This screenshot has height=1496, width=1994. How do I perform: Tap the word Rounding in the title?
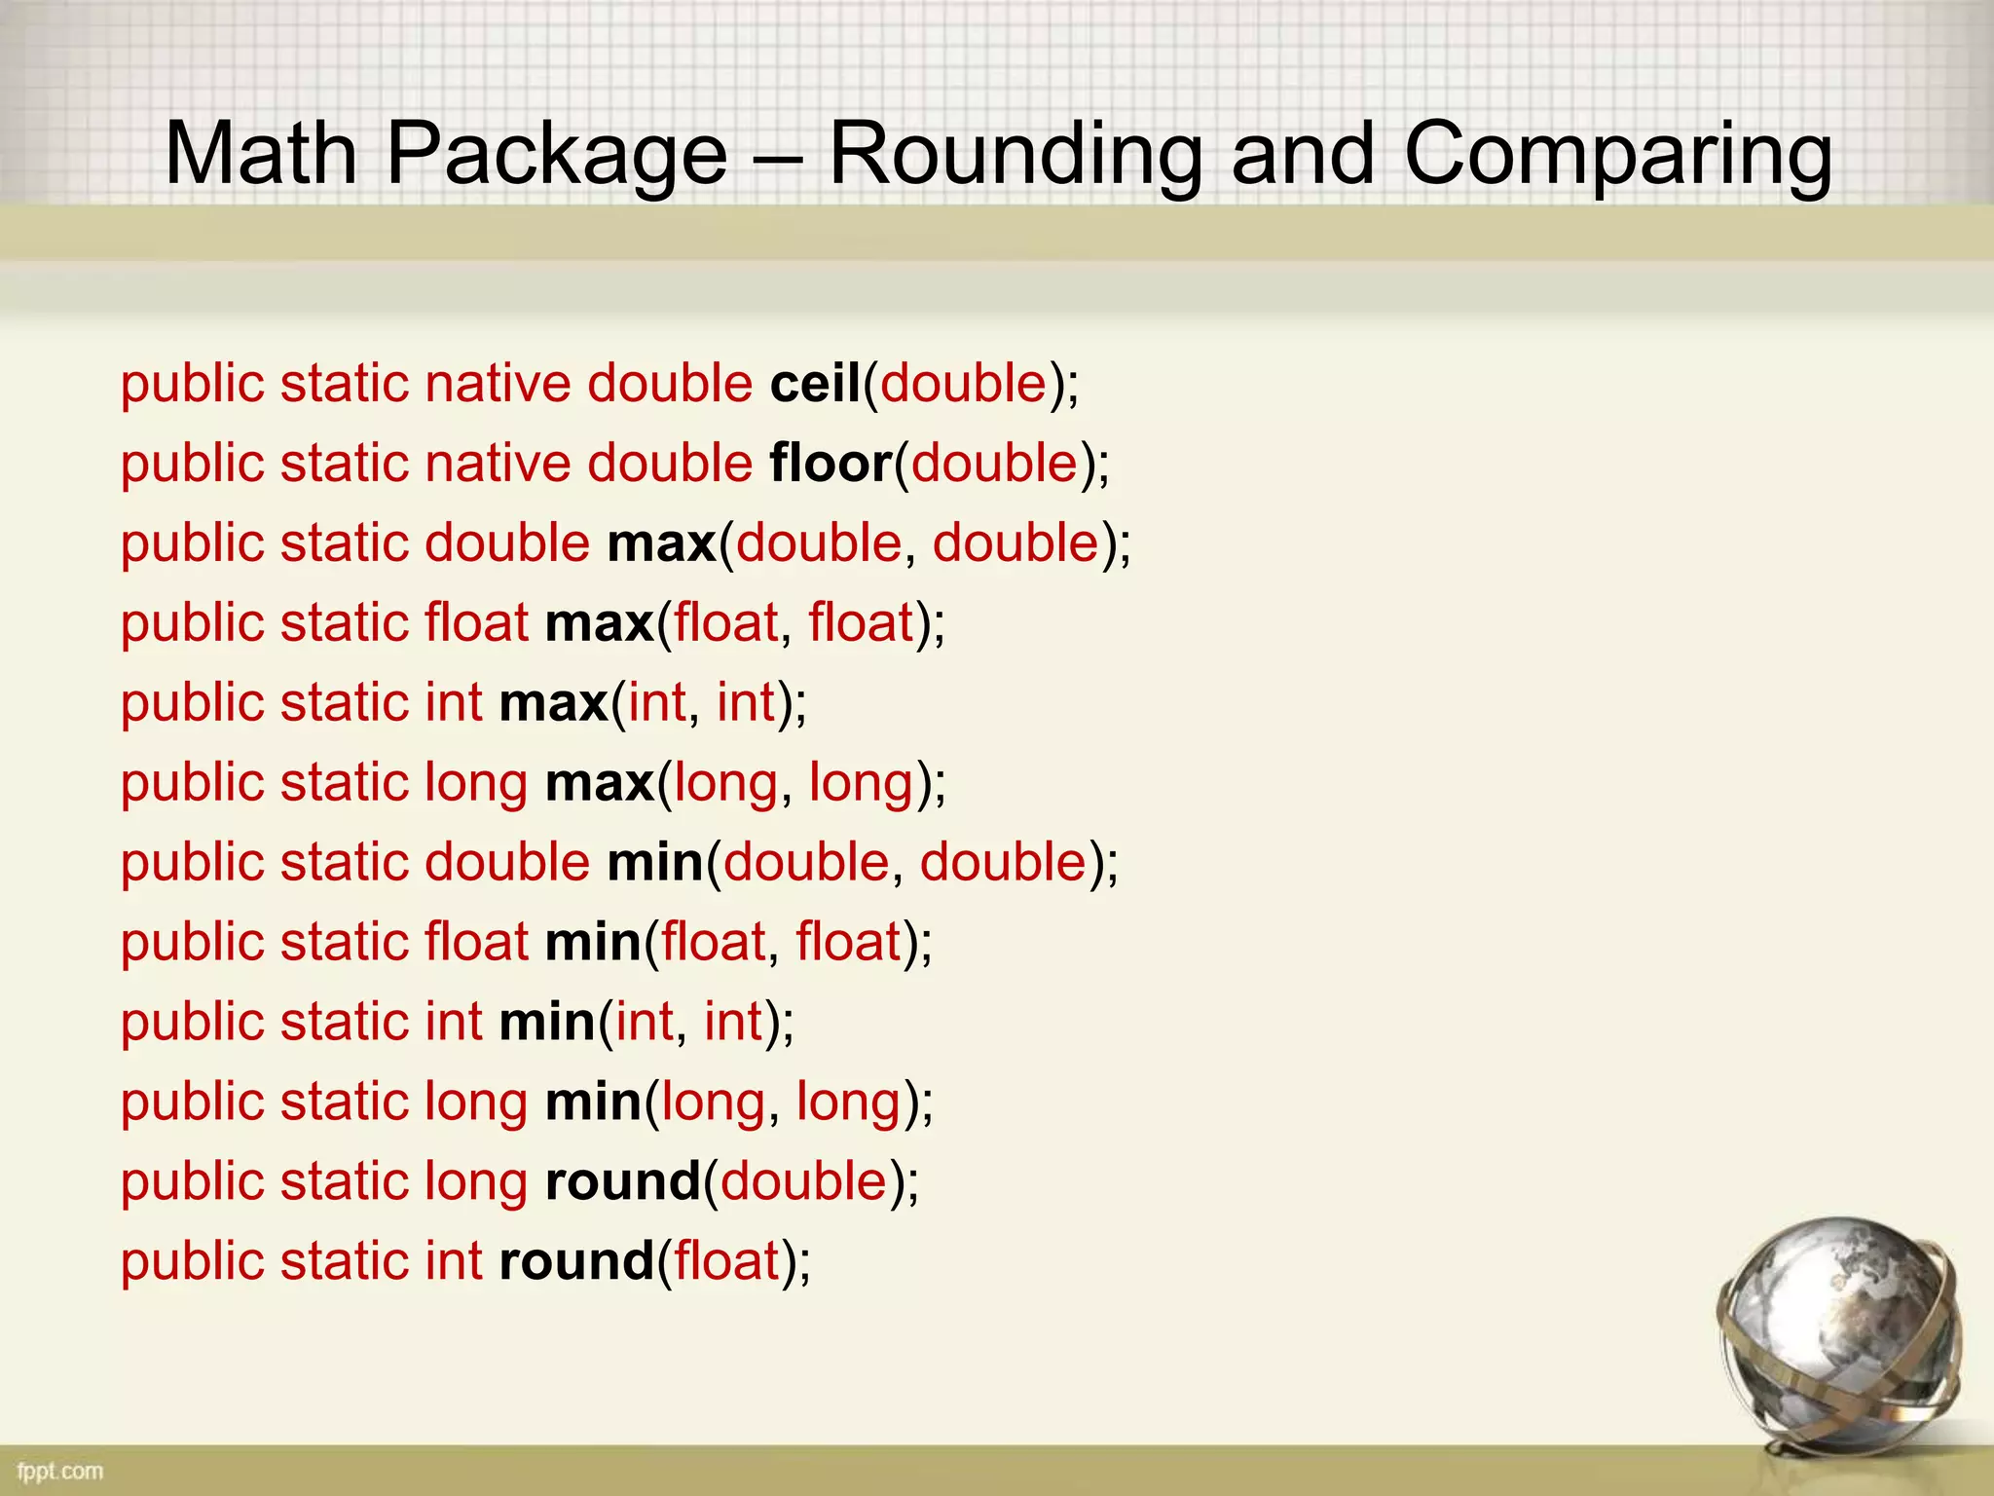[1015, 156]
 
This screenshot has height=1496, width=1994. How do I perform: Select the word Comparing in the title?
[1618, 156]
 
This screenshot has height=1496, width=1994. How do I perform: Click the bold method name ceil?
[815, 383]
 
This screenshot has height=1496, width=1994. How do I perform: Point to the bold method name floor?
[831, 463]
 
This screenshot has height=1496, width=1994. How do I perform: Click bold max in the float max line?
[600, 622]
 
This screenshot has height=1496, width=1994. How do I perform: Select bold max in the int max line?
[554, 702]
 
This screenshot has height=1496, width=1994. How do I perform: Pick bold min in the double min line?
[655, 862]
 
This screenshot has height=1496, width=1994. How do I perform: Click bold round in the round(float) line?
[576, 1261]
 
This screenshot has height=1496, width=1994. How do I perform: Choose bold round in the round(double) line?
[623, 1181]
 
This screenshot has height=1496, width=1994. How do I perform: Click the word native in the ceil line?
[498, 383]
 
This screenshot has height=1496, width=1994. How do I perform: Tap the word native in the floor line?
[498, 463]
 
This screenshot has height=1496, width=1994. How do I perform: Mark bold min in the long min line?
[593, 1102]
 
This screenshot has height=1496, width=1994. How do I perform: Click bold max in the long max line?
[600, 782]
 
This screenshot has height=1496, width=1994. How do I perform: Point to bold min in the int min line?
[547, 1022]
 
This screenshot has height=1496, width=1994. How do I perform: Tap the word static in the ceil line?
[345, 383]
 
